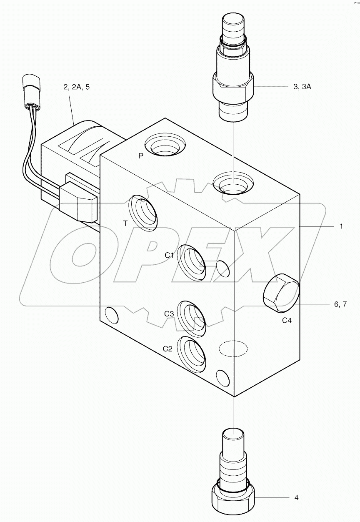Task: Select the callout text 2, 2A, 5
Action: [x=76, y=87]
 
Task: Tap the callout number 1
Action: [x=341, y=226]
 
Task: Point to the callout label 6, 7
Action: [x=340, y=304]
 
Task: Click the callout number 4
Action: [x=296, y=497]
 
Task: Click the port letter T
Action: [x=125, y=223]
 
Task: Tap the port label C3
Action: [x=169, y=314]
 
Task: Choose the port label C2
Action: [x=167, y=349]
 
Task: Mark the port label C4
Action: [x=287, y=320]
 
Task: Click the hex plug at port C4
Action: [x=281, y=294]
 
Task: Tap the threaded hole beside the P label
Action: [x=165, y=147]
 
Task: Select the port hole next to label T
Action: [x=143, y=212]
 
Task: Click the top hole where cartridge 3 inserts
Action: [x=233, y=182]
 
